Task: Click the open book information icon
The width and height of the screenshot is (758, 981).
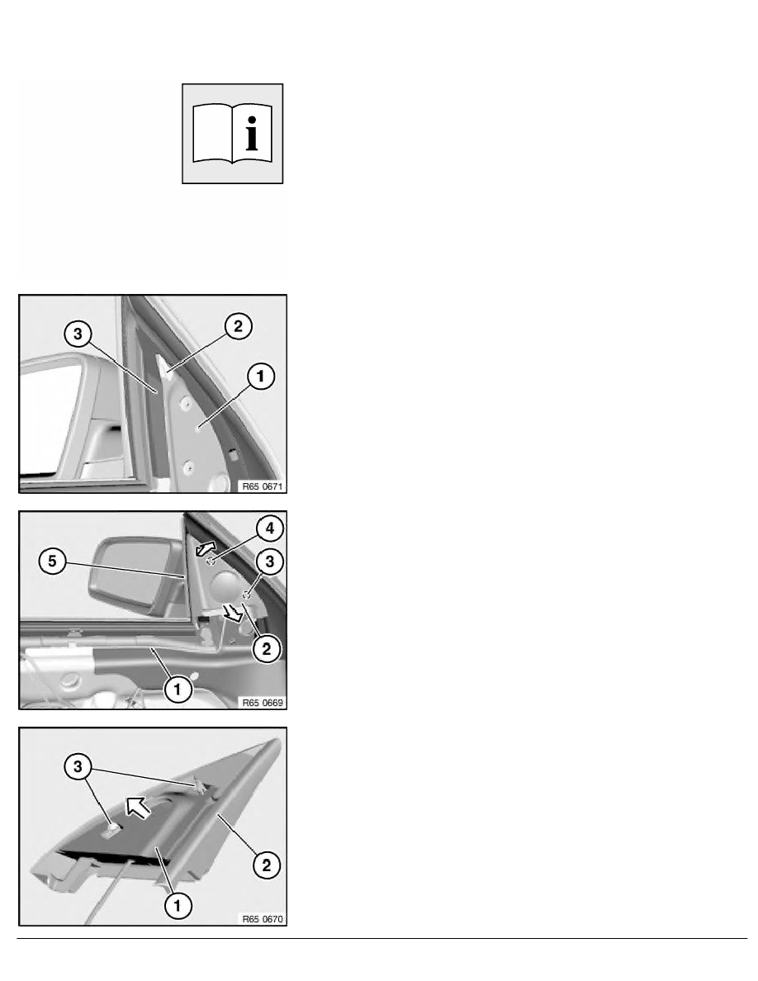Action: (x=232, y=133)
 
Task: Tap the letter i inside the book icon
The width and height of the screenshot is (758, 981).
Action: (x=251, y=133)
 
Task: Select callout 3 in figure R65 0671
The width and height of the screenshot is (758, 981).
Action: (x=78, y=334)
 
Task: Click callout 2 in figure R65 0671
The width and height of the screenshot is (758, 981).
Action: (x=239, y=326)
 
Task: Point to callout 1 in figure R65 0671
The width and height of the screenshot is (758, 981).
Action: (x=261, y=376)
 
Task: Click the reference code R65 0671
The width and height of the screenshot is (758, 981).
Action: (x=263, y=486)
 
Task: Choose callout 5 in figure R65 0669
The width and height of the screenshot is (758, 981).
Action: (x=52, y=562)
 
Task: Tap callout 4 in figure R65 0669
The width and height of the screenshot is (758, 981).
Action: (x=269, y=528)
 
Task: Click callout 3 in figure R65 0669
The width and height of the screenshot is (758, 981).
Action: (x=269, y=562)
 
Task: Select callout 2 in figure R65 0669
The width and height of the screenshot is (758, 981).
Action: (x=267, y=649)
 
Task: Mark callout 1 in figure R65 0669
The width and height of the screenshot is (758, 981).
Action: (x=177, y=690)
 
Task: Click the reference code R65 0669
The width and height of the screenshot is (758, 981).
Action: (x=263, y=703)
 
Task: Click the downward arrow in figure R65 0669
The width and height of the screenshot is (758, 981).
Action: (x=234, y=614)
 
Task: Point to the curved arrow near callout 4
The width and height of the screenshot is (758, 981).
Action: (x=206, y=548)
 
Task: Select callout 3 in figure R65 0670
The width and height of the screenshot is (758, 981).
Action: (x=78, y=767)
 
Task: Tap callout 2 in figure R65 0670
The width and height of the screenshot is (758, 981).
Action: (x=267, y=865)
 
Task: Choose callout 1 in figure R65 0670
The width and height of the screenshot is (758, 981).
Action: (x=177, y=905)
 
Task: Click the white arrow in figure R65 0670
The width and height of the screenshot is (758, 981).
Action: (x=138, y=807)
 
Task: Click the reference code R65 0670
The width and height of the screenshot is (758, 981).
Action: (x=263, y=919)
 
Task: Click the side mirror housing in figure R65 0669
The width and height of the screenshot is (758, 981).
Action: (x=135, y=572)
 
